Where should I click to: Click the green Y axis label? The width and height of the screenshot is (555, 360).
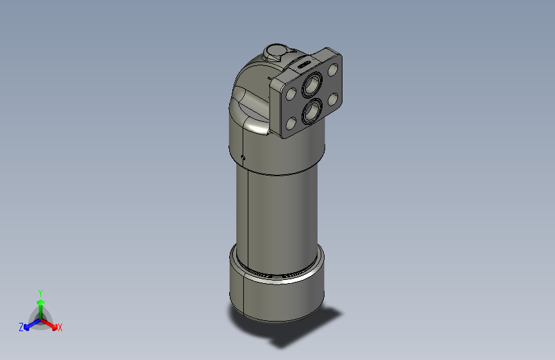pos(40,292)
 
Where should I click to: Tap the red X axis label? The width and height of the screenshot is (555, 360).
pos(60,328)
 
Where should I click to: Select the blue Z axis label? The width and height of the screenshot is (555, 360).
pos(21,327)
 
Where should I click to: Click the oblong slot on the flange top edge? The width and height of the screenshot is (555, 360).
pos(302,64)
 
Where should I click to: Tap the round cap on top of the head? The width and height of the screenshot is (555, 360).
pos(277,51)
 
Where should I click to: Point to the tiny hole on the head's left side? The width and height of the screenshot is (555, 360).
pos(244,156)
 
